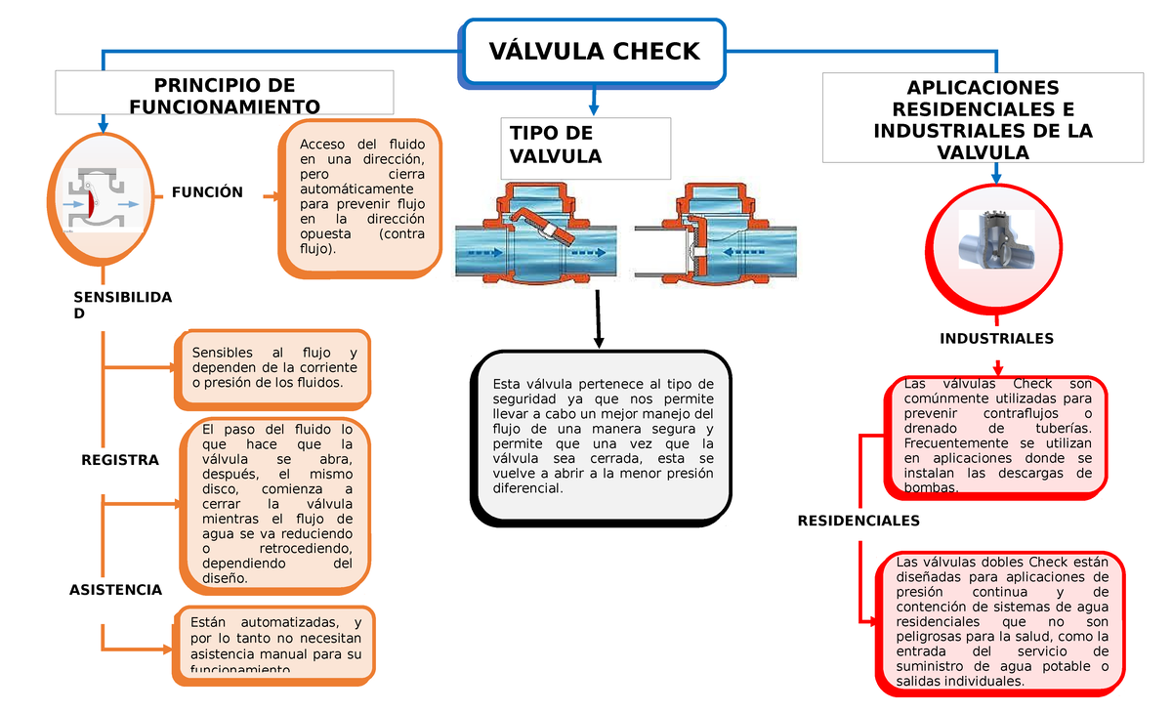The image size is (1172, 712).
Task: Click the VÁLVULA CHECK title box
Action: [594, 51]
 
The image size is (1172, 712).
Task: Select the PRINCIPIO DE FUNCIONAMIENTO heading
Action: [225, 95]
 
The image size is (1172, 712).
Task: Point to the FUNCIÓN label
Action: [207, 192]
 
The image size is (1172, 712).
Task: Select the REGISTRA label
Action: [119, 459]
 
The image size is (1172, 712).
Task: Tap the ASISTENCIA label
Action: [115, 590]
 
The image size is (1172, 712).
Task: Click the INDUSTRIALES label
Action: [996, 338]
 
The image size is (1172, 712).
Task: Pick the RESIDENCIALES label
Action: [858, 521]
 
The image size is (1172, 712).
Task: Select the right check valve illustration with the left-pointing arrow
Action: [716, 235]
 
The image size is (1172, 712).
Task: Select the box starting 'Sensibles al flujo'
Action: [273, 367]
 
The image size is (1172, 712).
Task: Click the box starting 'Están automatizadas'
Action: [274, 645]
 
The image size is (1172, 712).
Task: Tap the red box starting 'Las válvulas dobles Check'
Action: [1001, 622]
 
